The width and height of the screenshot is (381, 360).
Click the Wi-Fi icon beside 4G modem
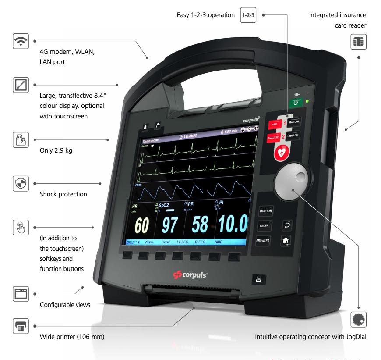click(x=21, y=41)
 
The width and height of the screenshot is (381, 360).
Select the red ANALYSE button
click(x=274, y=138)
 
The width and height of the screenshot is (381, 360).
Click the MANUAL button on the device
click(x=294, y=122)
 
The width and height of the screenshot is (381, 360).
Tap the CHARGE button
click(x=293, y=136)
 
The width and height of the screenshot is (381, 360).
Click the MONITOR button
click(x=266, y=211)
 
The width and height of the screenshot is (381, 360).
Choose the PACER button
click(x=264, y=226)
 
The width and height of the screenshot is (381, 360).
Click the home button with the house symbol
click(x=286, y=240)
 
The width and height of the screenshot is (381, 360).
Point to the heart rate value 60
click(x=141, y=225)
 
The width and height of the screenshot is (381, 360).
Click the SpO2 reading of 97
click(x=170, y=225)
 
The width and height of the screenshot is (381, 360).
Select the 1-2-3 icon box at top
click(x=249, y=15)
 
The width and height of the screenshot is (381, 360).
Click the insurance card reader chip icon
click(x=359, y=43)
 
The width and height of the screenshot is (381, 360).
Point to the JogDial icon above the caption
click(x=359, y=319)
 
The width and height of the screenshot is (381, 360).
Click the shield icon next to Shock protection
click(x=21, y=184)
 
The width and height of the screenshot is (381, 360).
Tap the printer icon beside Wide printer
click(x=21, y=326)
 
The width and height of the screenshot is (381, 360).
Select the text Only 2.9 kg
click(x=56, y=150)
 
